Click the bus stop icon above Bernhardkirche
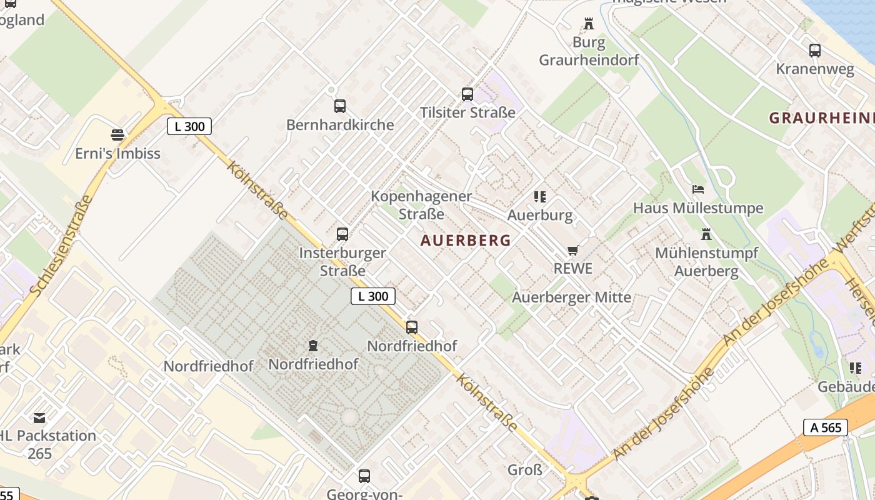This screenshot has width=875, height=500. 340,106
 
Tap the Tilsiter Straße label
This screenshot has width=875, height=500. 467,112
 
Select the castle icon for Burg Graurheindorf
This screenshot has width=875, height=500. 589,24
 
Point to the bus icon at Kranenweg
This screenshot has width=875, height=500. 815,51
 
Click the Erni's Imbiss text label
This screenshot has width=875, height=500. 117,153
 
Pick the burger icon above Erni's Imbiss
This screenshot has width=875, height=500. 117,134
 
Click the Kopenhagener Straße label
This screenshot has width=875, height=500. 421,205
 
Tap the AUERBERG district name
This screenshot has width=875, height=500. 466,240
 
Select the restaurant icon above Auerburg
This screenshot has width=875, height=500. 540,197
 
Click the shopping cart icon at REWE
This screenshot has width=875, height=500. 572,251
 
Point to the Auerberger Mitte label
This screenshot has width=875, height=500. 571,297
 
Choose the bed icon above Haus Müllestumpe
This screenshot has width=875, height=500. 698,189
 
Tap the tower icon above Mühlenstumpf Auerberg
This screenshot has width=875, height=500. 706,234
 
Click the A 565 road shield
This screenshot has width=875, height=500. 825,427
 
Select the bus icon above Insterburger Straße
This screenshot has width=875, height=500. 342,234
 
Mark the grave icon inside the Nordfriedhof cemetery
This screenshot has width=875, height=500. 313,345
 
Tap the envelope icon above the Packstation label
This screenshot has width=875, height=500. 39,417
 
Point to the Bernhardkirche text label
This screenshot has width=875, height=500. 340,124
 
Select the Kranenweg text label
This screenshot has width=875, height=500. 815,69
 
